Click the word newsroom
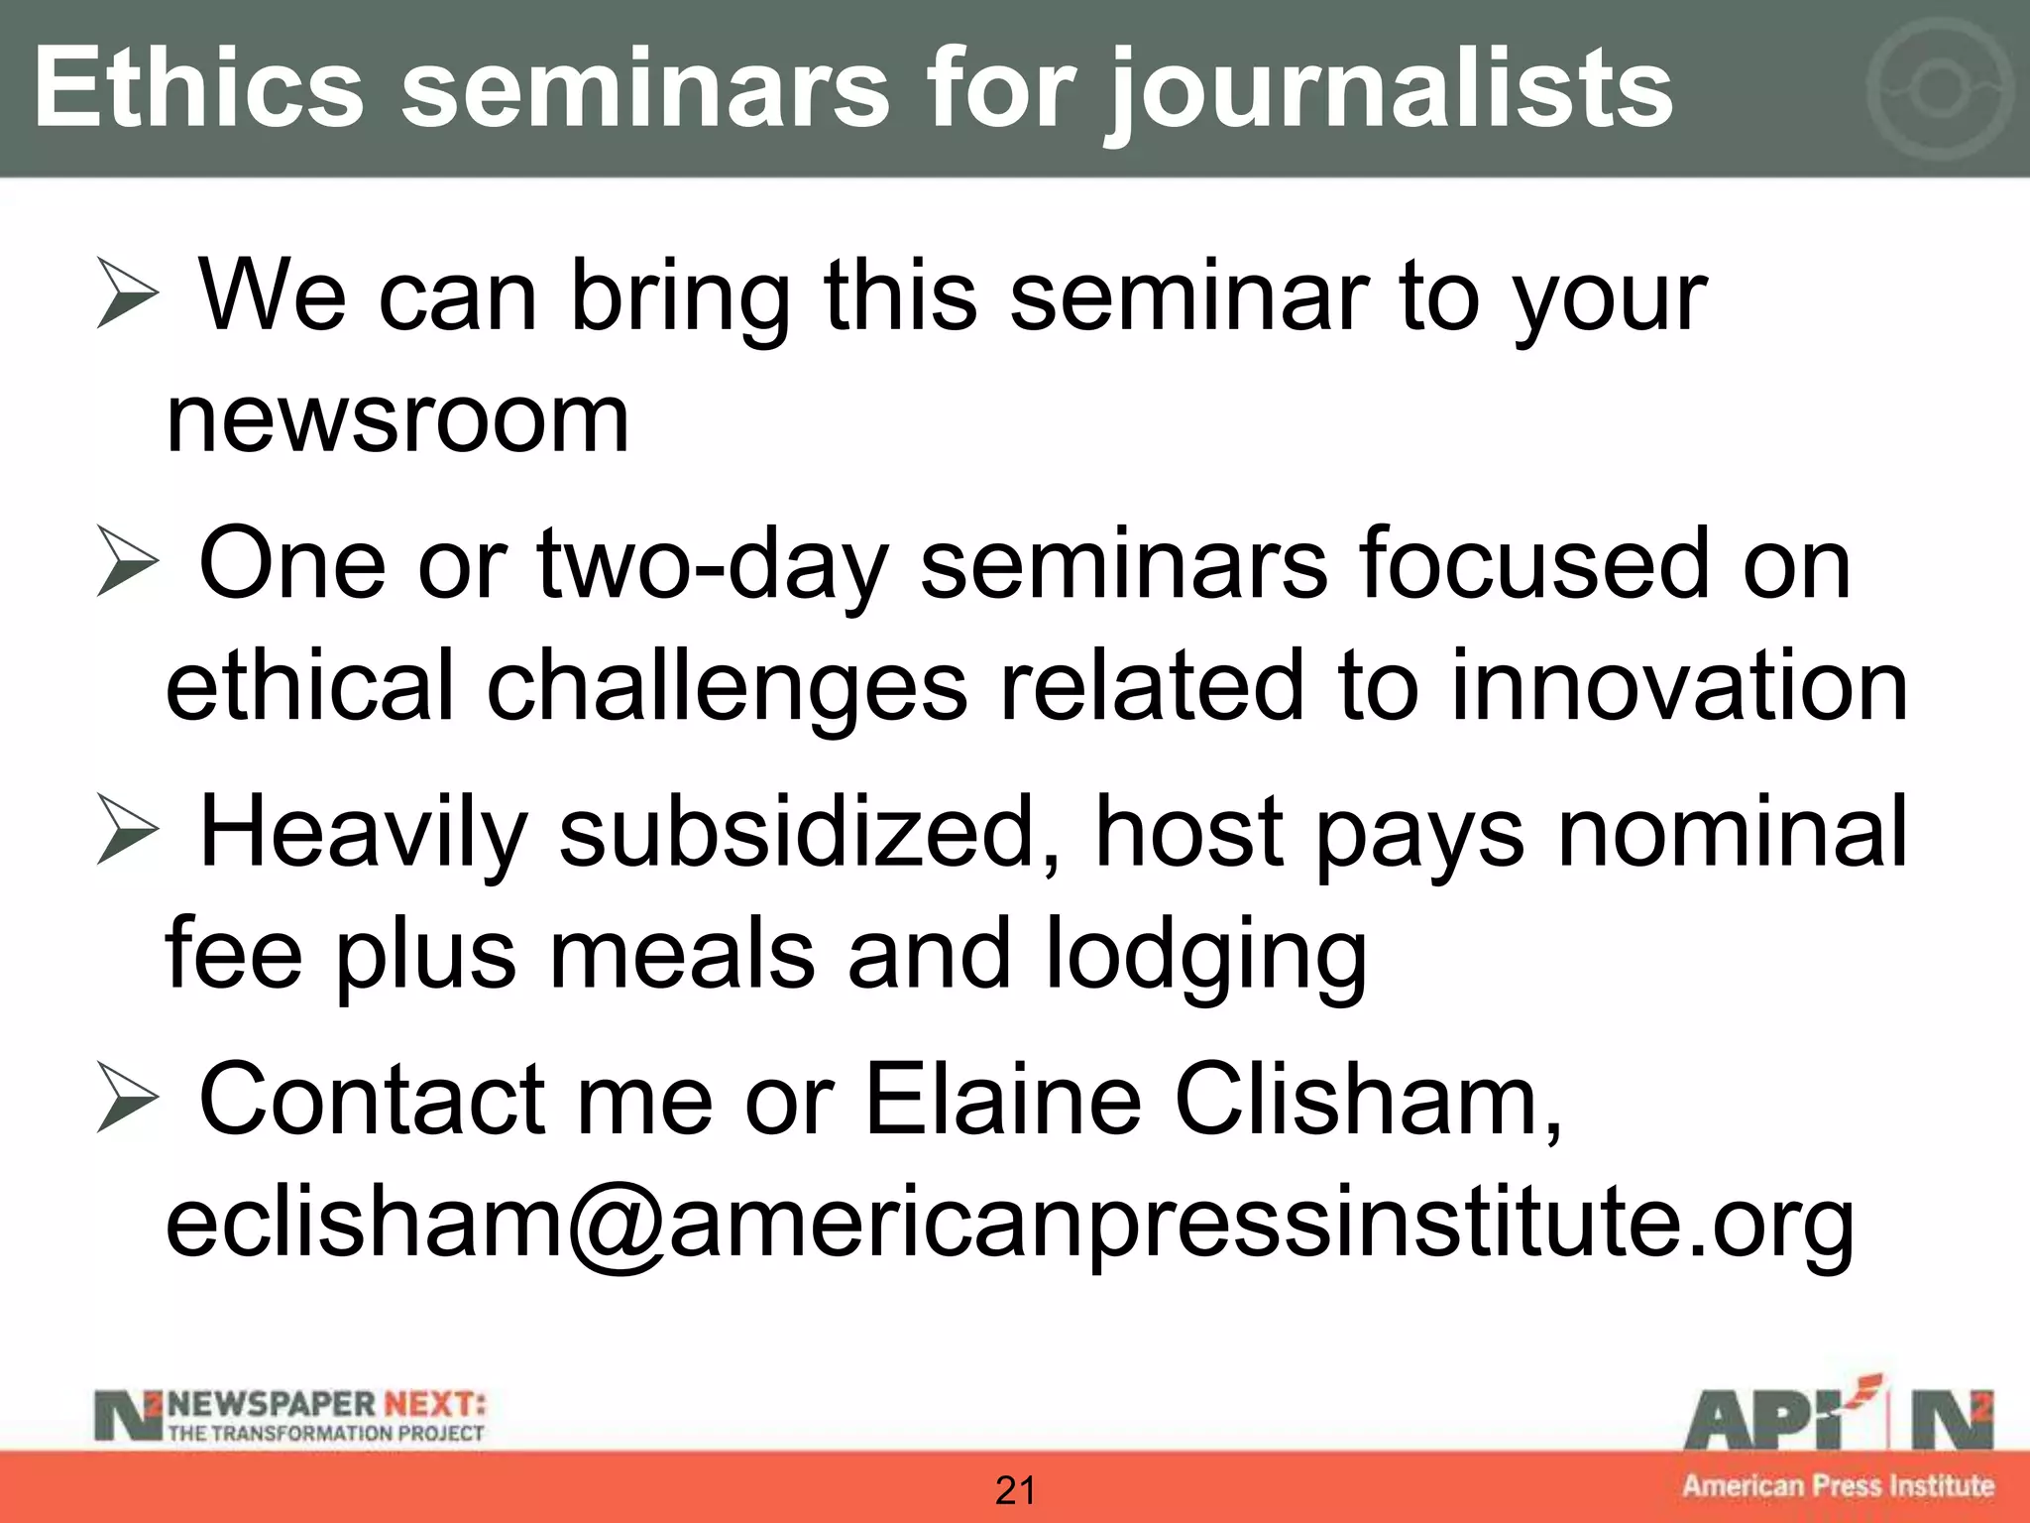coord(396,421)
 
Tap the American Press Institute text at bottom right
coord(1838,1485)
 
